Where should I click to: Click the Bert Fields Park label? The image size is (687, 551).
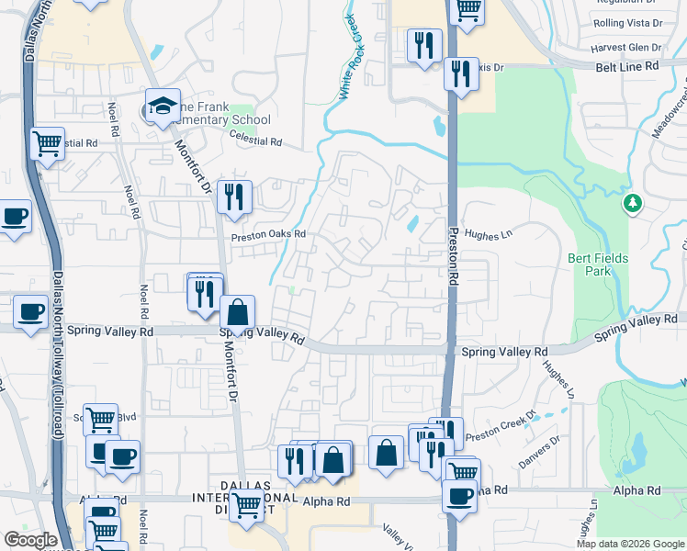coord(598,265)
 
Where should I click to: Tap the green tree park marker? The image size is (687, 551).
coord(632,202)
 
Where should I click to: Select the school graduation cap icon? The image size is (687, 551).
coord(162,105)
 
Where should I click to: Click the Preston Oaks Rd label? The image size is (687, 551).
coord(267,234)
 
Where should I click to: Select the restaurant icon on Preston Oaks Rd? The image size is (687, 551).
coord(234,196)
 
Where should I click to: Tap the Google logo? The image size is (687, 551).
coord(30,540)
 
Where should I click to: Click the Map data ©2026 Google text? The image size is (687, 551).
coord(630,544)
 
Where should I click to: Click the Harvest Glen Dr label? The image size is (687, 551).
coord(627,48)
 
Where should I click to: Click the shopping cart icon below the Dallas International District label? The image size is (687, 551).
coord(246,504)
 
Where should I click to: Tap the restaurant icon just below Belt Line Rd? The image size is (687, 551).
coord(460,73)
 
